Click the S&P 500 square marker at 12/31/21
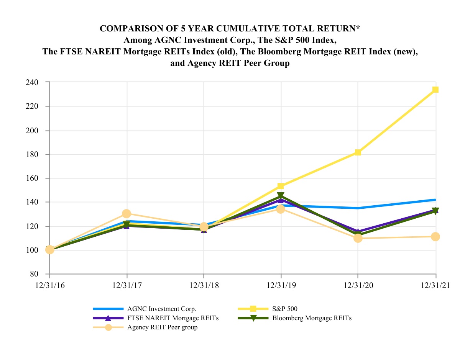[x=435, y=90]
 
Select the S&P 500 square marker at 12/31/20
[x=358, y=152]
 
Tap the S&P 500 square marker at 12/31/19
[x=281, y=186]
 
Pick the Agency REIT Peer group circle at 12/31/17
[x=127, y=213]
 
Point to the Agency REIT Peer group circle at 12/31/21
[x=435, y=237]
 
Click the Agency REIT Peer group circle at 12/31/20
[x=358, y=238]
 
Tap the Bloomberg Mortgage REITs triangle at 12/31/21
[x=435, y=211]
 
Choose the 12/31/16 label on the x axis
[x=49, y=285]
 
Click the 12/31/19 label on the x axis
[x=281, y=285]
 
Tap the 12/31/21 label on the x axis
[x=435, y=285]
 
